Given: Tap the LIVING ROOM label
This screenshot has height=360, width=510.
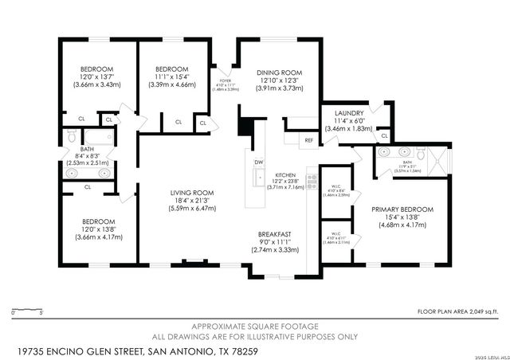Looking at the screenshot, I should pos(192,192).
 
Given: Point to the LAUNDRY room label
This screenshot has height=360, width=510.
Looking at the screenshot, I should pos(350,113).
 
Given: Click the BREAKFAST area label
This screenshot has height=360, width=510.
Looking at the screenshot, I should pos(274,234).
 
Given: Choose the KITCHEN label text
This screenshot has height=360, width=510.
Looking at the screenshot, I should pos(285,174).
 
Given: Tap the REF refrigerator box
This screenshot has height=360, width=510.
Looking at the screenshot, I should pos(309,140).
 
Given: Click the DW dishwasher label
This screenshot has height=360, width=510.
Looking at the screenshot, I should pos(258,162).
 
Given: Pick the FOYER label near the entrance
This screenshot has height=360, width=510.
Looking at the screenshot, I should pos(226,80).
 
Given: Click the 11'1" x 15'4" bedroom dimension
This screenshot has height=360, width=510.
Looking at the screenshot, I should pos(172,76).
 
